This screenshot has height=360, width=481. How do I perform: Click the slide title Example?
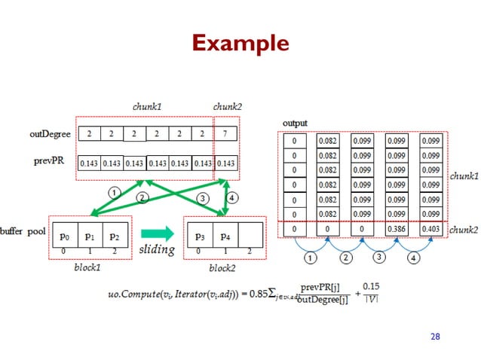click(240, 43)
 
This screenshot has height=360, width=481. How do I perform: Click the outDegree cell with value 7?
click(226, 134)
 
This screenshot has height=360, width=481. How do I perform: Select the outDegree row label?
click(51, 134)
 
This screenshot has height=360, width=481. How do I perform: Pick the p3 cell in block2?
click(200, 236)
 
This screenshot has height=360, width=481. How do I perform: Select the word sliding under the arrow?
click(158, 250)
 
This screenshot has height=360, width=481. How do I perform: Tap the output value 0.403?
click(431, 230)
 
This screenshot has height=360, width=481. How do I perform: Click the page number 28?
click(434, 336)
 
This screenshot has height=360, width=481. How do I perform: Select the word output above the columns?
click(295, 122)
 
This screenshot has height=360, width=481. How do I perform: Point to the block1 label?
click(87, 267)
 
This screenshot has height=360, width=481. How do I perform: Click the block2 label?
click(223, 267)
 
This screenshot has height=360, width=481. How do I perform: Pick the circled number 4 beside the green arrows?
click(233, 197)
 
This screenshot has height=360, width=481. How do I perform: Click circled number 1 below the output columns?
click(310, 258)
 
